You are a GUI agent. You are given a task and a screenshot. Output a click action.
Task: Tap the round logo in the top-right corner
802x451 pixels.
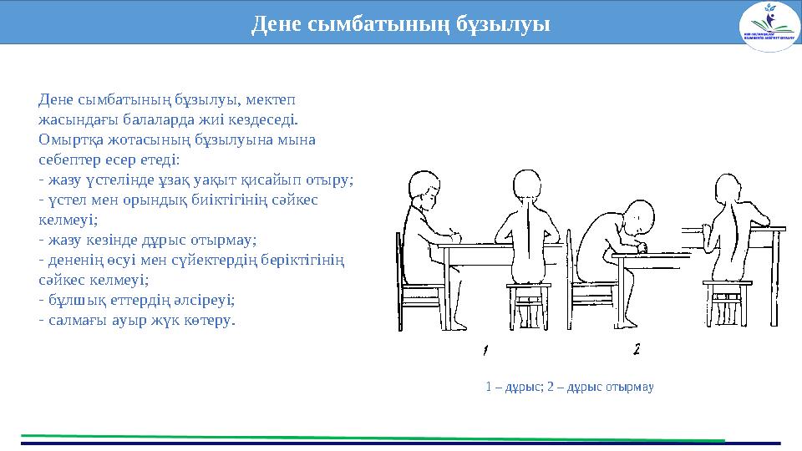coord(769,26)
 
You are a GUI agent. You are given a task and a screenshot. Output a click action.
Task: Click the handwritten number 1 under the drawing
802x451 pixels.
coord(485,348)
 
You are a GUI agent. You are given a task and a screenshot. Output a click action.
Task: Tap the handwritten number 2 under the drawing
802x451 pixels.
coord(637,348)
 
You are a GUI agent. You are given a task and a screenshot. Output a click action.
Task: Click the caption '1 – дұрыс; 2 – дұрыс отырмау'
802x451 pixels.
coord(569,387)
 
